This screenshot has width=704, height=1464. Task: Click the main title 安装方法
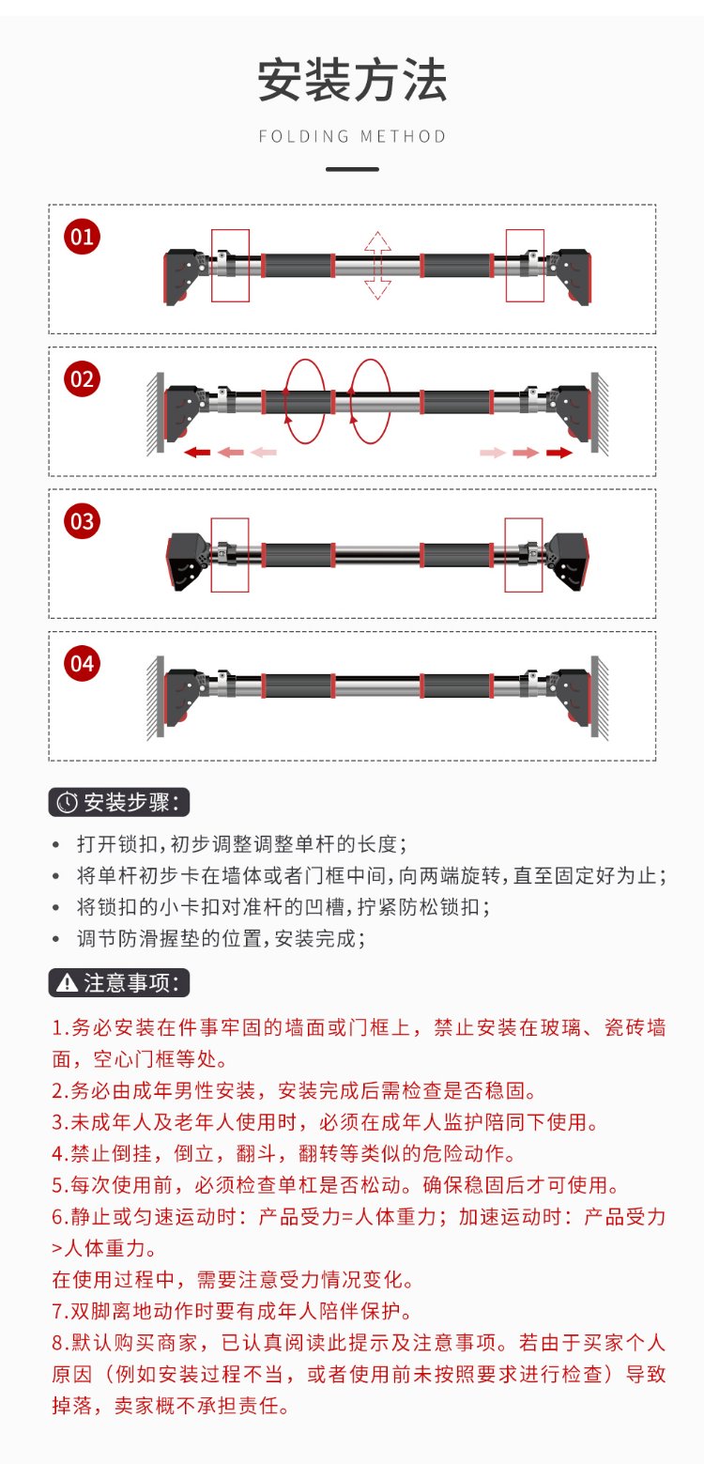pyautogui.click(x=352, y=80)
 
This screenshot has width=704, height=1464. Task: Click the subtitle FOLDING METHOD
pyautogui.click(x=352, y=136)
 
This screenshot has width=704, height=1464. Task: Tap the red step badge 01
pyautogui.click(x=83, y=237)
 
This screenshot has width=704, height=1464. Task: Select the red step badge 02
pyautogui.click(x=83, y=379)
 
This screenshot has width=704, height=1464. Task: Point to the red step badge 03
pyautogui.click(x=83, y=521)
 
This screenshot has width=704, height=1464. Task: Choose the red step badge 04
pyautogui.click(x=83, y=664)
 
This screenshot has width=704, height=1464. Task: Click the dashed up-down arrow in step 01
pyautogui.click(x=377, y=266)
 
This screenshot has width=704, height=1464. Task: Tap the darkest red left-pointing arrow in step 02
pyautogui.click(x=197, y=453)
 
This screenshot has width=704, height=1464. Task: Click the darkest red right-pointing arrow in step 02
pyautogui.click(x=559, y=453)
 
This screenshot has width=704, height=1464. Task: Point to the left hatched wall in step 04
pyautogui.click(x=156, y=698)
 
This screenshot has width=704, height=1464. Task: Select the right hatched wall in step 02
pyautogui.click(x=600, y=414)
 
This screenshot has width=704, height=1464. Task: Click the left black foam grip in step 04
pyautogui.click(x=298, y=686)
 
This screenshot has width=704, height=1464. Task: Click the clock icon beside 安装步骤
pyautogui.click(x=68, y=803)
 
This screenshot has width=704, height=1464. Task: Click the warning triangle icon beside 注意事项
pyautogui.click(x=68, y=983)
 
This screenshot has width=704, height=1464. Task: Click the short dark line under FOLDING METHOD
pyautogui.click(x=352, y=169)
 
